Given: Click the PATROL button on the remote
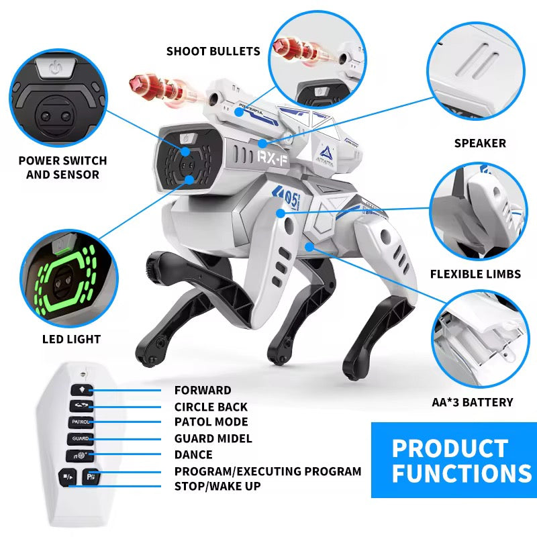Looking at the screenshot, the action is coord(81,422).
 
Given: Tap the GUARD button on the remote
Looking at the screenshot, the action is coord(80,439).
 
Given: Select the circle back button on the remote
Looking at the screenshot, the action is coord(81,406).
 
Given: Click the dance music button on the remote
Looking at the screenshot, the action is coord(79,456).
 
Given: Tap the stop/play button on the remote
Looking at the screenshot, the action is coord(68,477).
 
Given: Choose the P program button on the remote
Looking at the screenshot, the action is coord(91,477).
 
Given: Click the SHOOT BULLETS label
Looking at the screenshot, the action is coord(213,52).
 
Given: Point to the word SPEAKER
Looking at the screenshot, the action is coord(480,143).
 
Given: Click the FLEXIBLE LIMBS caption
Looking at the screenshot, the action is coord(475,274).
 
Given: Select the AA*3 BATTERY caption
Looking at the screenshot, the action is coord(473,402).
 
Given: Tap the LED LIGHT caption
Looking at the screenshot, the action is coord(72,339).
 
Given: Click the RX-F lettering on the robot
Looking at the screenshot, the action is coord(273,158).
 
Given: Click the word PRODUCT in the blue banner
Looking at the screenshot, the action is coord(450,448).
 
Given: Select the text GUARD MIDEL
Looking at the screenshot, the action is coord(213,438).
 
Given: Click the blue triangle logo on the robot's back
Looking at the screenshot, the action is coord(326,152).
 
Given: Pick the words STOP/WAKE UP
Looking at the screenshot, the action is coord(217,486).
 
